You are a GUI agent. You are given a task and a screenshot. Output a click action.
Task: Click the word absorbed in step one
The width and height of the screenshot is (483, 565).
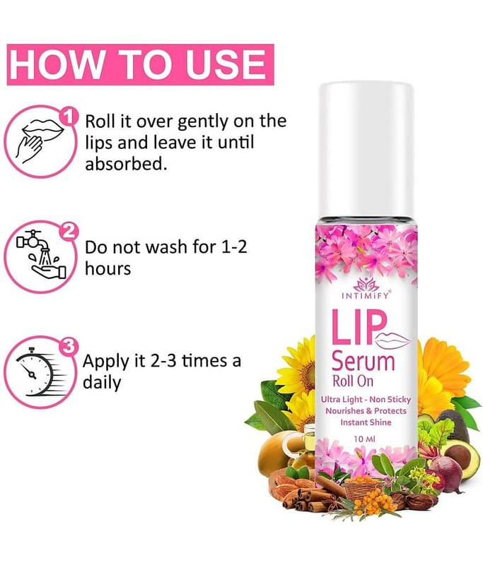126,164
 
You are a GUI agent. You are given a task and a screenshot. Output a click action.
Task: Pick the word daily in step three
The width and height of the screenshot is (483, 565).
102,383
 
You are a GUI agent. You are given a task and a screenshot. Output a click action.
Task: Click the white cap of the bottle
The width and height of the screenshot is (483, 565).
366,150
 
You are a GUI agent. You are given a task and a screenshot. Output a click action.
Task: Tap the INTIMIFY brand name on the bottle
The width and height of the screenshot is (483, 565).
366,296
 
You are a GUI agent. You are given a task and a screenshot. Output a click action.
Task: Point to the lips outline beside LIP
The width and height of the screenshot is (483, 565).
393,339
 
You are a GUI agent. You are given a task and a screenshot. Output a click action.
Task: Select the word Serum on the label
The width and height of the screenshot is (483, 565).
363,362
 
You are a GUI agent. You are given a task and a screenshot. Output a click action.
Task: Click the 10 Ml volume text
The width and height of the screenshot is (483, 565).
365,439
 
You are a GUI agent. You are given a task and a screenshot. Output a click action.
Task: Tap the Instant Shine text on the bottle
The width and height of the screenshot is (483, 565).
366,422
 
